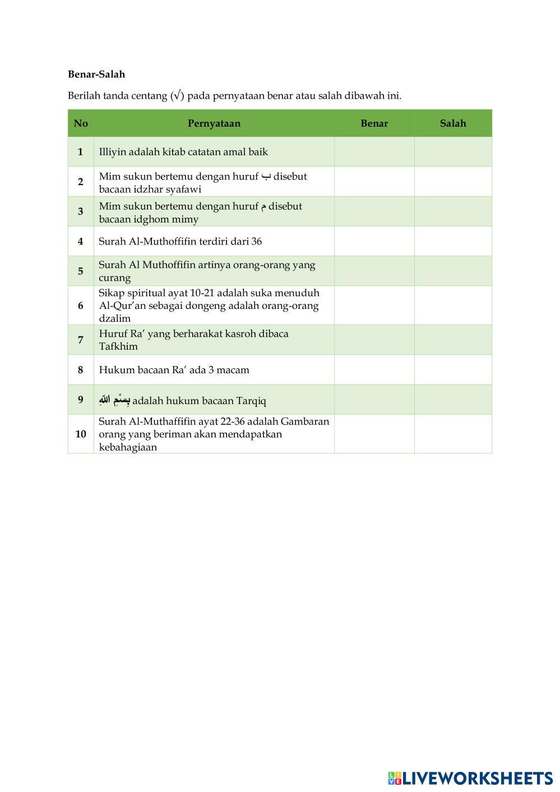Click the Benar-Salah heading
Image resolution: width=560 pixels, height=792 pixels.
pos(96,74)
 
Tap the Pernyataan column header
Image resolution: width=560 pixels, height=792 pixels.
pos(214,123)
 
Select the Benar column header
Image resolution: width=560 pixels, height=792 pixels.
pos(374,123)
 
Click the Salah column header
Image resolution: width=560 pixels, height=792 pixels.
pos(453,123)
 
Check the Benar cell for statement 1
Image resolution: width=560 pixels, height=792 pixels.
pos(374,152)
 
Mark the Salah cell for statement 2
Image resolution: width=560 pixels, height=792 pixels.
pos(453,182)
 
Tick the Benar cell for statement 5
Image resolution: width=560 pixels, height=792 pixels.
pos(374,271)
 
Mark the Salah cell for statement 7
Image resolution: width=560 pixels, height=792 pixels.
pos(453,340)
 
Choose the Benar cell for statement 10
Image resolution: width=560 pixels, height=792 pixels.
pos(374,434)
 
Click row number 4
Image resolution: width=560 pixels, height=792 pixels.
pos(81,242)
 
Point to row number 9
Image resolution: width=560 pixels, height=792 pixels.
pos(81,400)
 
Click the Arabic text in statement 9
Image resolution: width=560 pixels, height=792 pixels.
pos(114,400)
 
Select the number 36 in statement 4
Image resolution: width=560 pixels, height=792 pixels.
pos(256,242)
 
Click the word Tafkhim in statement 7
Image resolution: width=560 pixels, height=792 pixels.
pos(118,346)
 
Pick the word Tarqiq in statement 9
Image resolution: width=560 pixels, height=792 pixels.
pos(251,401)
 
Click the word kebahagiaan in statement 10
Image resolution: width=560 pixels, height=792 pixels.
pos(128,447)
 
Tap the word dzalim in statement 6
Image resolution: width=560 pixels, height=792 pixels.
pos(114,318)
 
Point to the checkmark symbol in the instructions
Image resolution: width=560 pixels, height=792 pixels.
pos(177,95)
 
